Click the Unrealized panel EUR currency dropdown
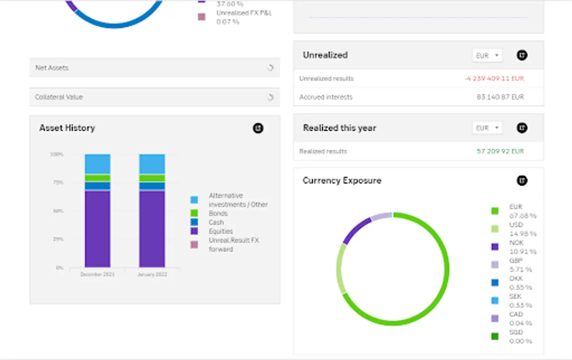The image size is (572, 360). pyautogui.click(x=487, y=56)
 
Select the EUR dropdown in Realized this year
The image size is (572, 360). pyautogui.click(x=487, y=128)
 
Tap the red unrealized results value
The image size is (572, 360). pyautogui.click(x=494, y=78)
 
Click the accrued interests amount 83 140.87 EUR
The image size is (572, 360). pyautogui.click(x=500, y=97)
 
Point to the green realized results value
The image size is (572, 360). pyautogui.click(x=500, y=151)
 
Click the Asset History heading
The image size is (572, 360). pyautogui.click(x=67, y=128)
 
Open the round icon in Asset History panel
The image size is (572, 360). pyautogui.click(x=258, y=128)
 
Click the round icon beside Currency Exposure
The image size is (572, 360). pyautogui.click(x=522, y=180)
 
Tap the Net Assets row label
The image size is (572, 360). pyautogui.click(x=52, y=68)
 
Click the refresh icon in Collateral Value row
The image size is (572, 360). pyautogui.click(x=271, y=97)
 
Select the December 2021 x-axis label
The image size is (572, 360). pyautogui.click(x=97, y=274)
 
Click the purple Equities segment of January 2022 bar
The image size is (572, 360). pyautogui.click(x=152, y=229)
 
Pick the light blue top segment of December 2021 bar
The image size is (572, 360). pyautogui.click(x=98, y=164)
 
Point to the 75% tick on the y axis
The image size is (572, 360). pyautogui.click(x=58, y=182)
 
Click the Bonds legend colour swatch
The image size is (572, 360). pyautogui.click(x=194, y=213)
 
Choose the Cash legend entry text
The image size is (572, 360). pyautogui.click(x=216, y=222)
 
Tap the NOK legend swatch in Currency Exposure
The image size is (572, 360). pyautogui.click(x=495, y=247)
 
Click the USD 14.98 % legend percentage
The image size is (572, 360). pyautogui.click(x=523, y=234)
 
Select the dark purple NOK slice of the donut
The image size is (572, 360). pyautogui.click(x=356, y=230)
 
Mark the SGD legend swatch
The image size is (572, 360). pyautogui.click(x=495, y=336)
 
